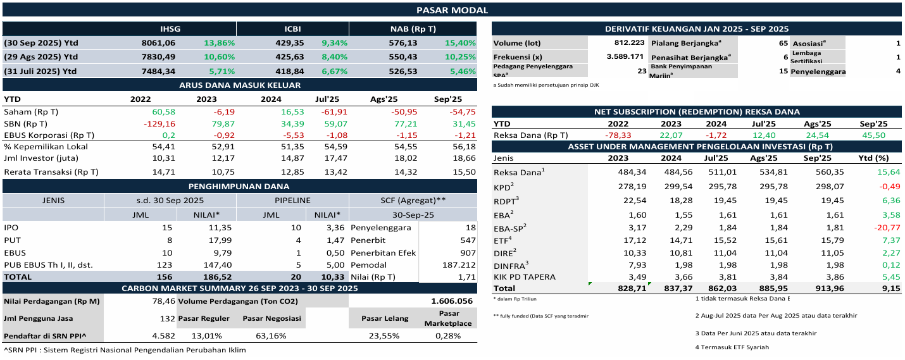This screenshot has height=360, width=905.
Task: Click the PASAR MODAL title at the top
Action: pos(452,9)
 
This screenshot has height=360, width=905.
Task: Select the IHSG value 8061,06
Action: pos(158,43)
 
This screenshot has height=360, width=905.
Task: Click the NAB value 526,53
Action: pos(403,71)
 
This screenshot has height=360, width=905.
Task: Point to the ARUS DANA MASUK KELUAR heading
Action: pos(239,85)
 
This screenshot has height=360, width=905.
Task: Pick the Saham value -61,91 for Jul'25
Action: pos(327,112)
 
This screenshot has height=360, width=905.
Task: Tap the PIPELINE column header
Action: pos(292,201)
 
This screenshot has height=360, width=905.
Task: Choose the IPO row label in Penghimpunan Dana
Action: pos(11,228)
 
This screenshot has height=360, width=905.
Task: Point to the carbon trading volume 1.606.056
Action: pos(451,301)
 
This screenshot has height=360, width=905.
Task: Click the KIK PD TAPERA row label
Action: pos(524,277)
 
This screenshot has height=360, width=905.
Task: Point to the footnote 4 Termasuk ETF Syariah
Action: pos(732,347)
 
